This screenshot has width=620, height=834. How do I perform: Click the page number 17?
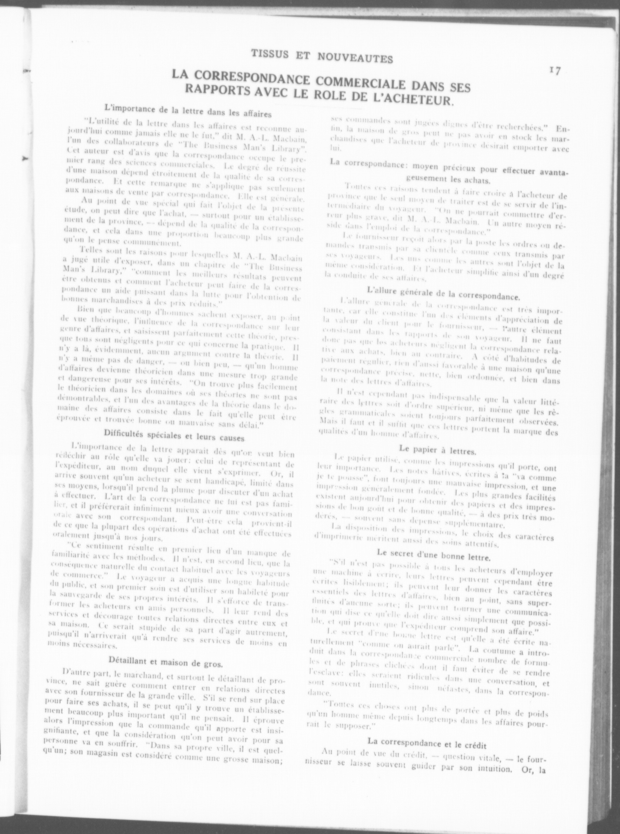click(x=554, y=71)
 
